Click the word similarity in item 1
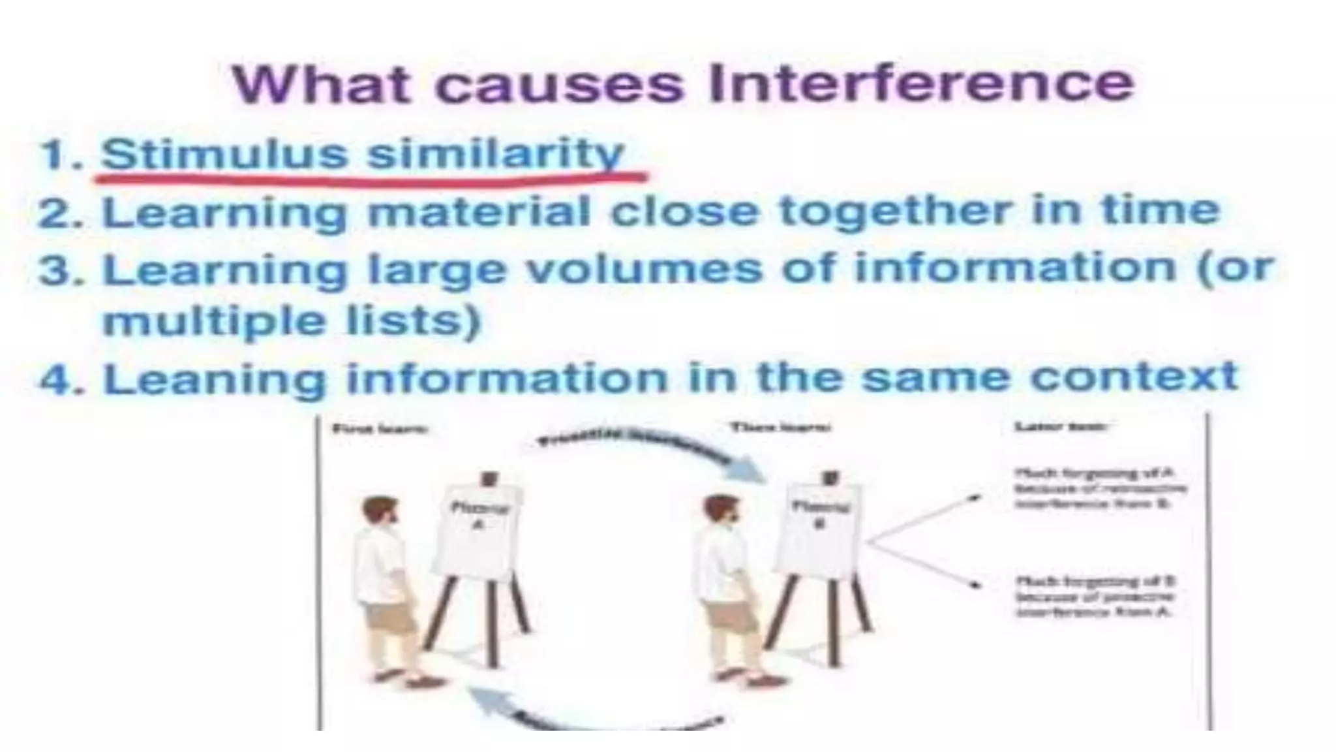pyautogui.click(x=495, y=155)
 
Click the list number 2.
pyautogui.click(x=61, y=213)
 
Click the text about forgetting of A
pyautogui.click(x=1099, y=488)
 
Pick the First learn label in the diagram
pyautogui.click(x=380, y=429)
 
